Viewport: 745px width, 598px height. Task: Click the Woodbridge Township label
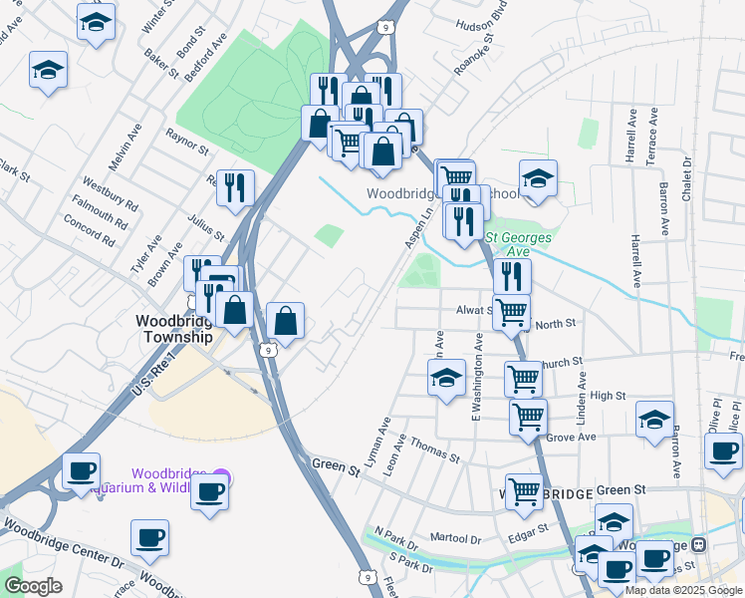point(173,329)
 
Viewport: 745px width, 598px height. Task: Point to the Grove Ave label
point(571,437)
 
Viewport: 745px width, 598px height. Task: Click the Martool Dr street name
point(456,539)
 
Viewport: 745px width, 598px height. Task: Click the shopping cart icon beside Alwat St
point(511,312)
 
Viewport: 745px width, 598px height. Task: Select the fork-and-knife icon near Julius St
point(235,186)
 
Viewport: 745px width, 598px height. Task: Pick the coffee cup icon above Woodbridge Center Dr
point(149,537)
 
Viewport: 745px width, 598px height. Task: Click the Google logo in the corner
point(33,586)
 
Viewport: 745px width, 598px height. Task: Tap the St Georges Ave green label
point(521,244)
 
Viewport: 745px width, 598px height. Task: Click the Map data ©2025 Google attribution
point(683,590)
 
